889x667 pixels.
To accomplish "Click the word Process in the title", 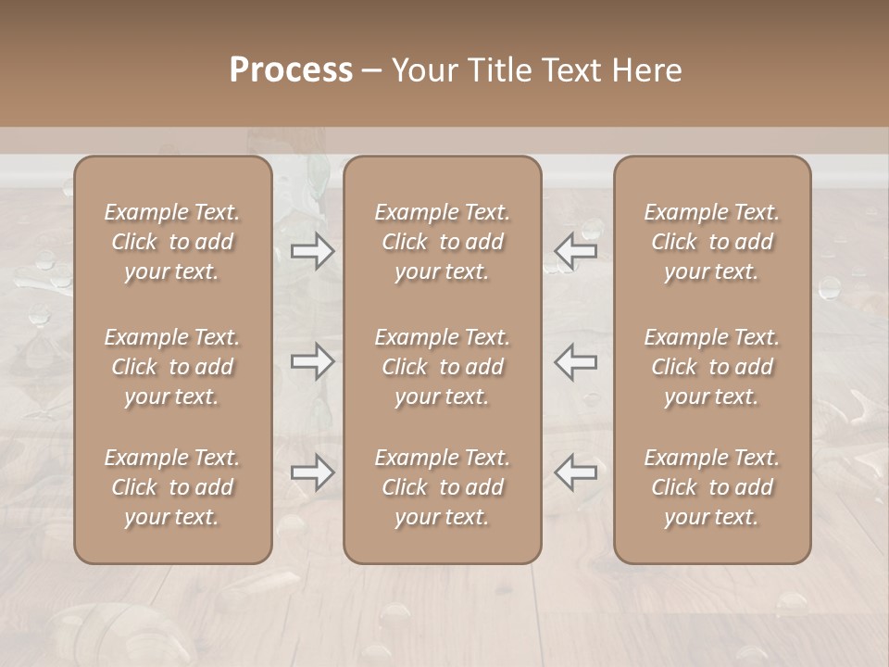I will click(291, 70).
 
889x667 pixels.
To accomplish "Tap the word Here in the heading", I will click(648, 70).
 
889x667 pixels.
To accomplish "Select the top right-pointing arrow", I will click(312, 251).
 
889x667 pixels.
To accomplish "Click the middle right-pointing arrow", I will click(312, 361).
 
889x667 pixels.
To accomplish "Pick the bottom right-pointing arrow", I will click(312, 472).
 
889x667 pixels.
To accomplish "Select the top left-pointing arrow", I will click(575, 251).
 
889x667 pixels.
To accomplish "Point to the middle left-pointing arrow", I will click(575, 361).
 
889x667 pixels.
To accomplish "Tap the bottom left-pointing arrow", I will click(575, 472).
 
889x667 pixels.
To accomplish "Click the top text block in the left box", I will click(172, 242).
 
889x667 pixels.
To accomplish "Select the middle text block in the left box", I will click(172, 367).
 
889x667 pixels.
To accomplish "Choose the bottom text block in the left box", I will click(172, 487).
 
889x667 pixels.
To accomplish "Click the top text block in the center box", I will click(442, 242).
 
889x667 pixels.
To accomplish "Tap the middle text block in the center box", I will click(442, 367).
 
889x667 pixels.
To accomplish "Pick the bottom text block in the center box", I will click(442, 487).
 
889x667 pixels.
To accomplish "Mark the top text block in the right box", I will click(711, 242).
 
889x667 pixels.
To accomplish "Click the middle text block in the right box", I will click(711, 367).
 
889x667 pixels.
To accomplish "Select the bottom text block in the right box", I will click(711, 487).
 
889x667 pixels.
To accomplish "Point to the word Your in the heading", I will click(425, 70).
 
